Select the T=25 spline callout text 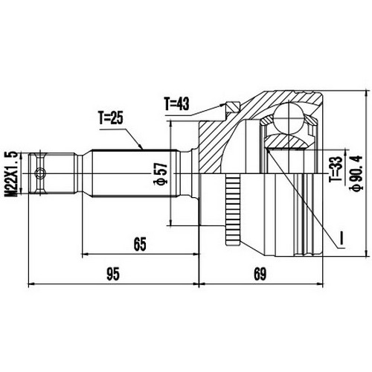click(x=113, y=118)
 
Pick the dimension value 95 click(x=112, y=274)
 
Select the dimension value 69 click(x=260, y=274)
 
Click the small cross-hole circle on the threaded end click(x=40, y=175)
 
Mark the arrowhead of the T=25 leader click(x=144, y=149)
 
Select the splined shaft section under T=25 click(x=134, y=175)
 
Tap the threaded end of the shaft click(x=54, y=175)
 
